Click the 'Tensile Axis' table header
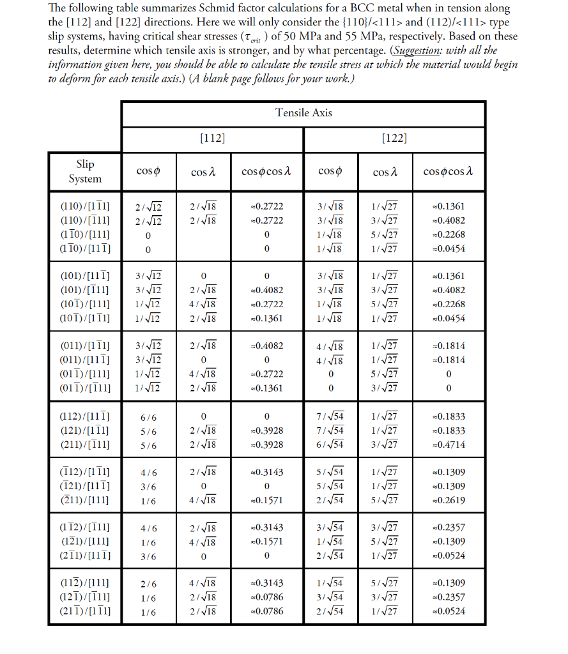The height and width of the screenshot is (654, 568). [303, 113]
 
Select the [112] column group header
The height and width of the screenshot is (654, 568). [213, 137]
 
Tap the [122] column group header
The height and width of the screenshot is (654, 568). [394, 137]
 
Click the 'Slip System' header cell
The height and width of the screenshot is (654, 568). [85, 171]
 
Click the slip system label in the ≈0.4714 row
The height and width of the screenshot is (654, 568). [85, 445]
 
